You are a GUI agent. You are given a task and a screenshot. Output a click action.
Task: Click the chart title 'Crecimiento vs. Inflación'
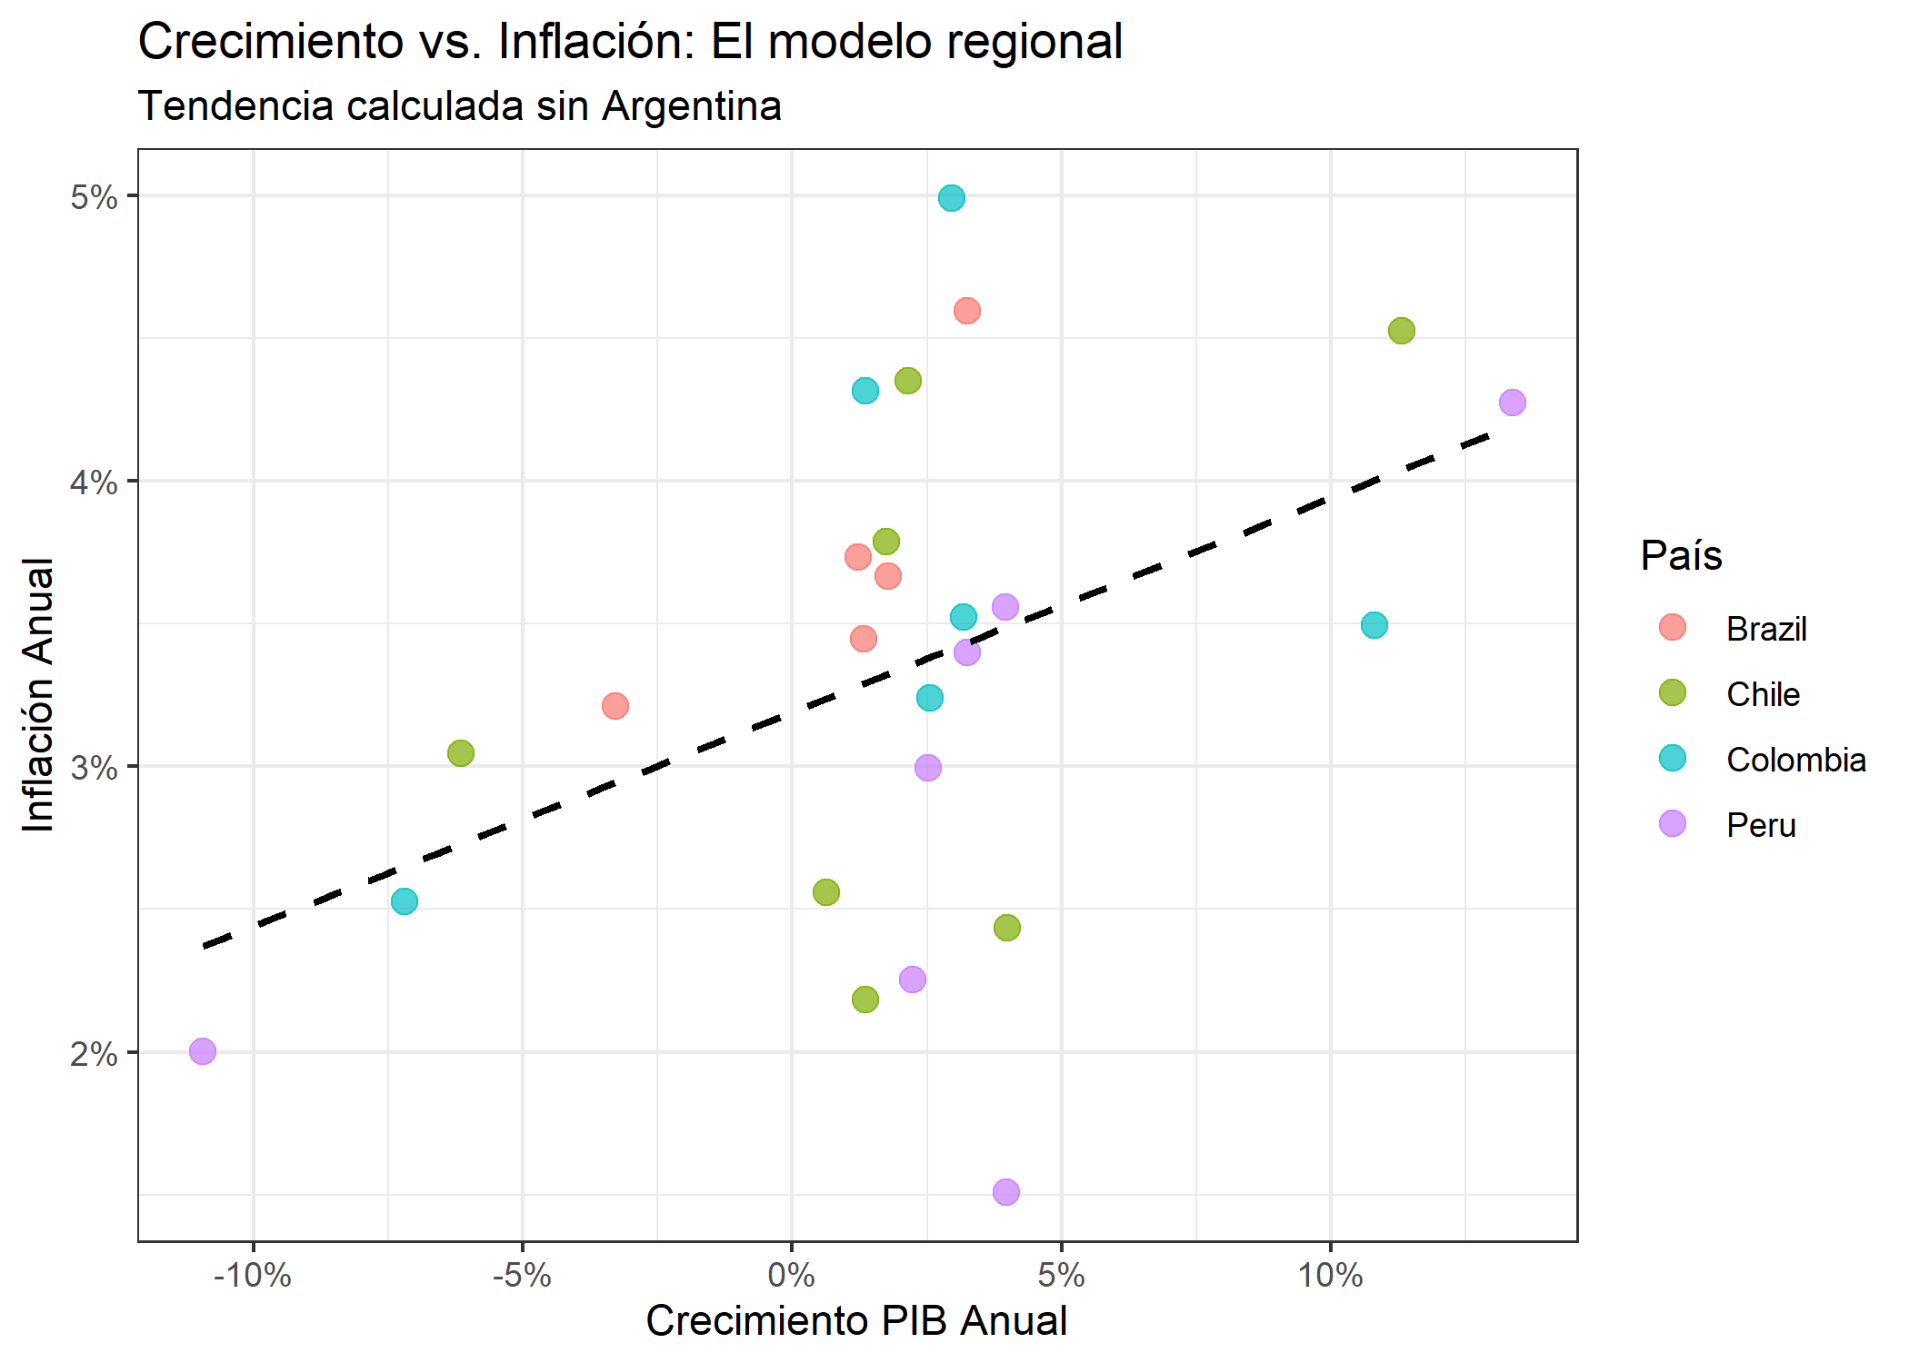pyautogui.click(x=630, y=42)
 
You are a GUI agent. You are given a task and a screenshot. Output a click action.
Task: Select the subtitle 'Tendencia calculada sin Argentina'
pyautogui.click(x=459, y=105)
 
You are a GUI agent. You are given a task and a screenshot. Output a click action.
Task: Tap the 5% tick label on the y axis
pyautogui.click(x=94, y=197)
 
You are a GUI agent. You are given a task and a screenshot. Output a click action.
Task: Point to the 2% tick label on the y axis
pyautogui.click(x=94, y=1054)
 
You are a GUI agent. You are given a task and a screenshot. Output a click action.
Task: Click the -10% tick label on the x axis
pyautogui.click(x=252, y=1276)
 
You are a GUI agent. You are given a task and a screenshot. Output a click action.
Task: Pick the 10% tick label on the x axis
pyautogui.click(x=1330, y=1276)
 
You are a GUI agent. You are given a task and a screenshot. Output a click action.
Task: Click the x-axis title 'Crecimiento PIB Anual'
pyautogui.click(x=855, y=1321)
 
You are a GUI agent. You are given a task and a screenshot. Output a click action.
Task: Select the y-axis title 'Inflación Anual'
pyautogui.click(x=38, y=695)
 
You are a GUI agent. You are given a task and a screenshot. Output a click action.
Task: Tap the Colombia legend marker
pyautogui.click(x=1673, y=759)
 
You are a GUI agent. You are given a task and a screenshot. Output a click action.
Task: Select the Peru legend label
pyautogui.click(x=1761, y=825)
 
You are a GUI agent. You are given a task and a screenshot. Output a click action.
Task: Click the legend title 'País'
pyautogui.click(x=1681, y=555)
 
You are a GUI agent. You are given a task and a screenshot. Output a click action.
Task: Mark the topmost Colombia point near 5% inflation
pyautogui.click(x=952, y=198)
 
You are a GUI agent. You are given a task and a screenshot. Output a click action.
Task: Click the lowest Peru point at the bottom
pyautogui.click(x=1006, y=1192)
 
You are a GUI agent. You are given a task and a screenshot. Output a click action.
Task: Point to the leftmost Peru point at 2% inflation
pyautogui.click(x=203, y=1051)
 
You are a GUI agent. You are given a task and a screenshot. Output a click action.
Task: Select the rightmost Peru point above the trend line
pyautogui.click(x=1513, y=403)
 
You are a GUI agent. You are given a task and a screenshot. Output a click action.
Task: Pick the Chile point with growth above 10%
pyautogui.click(x=1402, y=331)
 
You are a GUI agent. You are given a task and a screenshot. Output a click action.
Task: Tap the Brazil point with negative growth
pyautogui.click(x=615, y=706)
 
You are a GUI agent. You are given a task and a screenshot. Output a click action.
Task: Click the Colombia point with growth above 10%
pyautogui.click(x=1374, y=625)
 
